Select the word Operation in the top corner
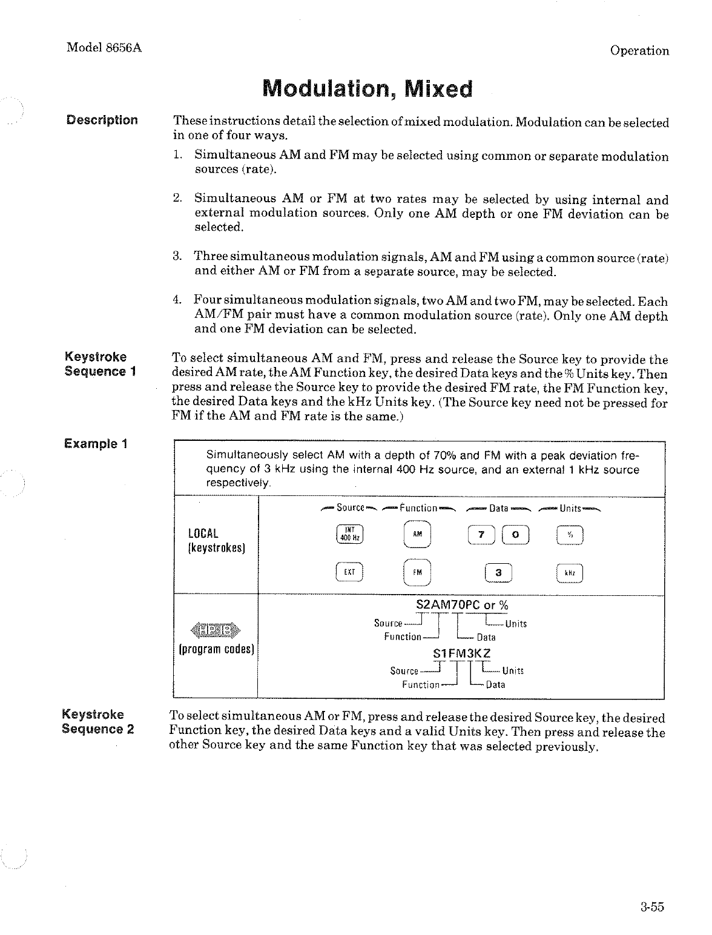(639, 51)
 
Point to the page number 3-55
(651, 907)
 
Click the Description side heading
(102, 120)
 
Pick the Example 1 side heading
(96, 443)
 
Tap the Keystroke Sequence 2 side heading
(97, 721)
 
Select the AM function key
(417, 535)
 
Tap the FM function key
(417, 572)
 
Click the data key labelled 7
(481, 535)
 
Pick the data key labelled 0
(515, 535)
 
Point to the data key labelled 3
(498, 572)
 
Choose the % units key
(569, 535)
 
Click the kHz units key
(569, 572)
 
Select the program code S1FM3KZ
(461, 653)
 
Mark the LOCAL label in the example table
(203, 534)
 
